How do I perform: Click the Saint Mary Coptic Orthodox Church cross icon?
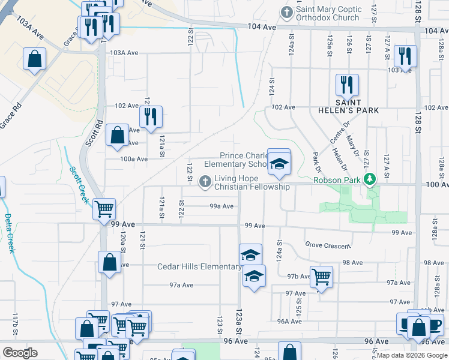pos(287,12)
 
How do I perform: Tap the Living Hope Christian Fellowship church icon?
pos(205,181)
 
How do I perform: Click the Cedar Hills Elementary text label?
pos(199,266)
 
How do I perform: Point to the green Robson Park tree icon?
pos(371,178)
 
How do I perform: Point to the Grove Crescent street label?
pos(327,246)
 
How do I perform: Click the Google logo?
pos(20,352)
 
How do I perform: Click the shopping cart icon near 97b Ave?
pos(322,276)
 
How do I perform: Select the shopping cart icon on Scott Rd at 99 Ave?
pos(104,209)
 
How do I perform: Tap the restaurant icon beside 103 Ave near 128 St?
pos(406,56)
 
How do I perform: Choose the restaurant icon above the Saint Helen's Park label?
pos(347,85)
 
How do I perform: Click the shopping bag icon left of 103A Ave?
pos(35,59)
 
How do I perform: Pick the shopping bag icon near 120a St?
pos(109,262)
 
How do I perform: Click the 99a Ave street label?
pos(221,206)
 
